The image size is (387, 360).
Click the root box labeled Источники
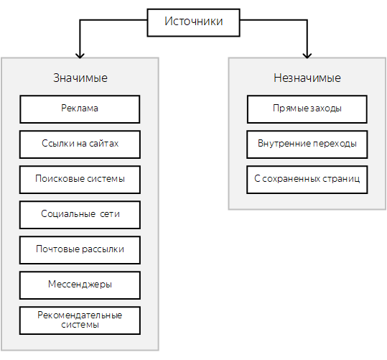pos(193,23)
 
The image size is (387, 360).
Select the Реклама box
pos(80,109)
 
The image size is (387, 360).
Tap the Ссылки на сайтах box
pos(80,144)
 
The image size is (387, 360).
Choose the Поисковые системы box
pos(80,180)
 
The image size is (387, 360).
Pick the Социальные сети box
pos(80,215)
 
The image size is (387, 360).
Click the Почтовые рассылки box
pos(80,250)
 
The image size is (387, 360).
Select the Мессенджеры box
pos(80,285)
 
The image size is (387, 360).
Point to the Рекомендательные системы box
pos(80,320)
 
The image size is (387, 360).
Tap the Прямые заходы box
pos(307,109)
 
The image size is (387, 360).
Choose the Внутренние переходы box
pos(307,144)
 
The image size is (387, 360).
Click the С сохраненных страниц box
pos(307,180)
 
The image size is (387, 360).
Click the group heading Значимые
pos(80,78)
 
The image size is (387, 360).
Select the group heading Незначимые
pos(307,78)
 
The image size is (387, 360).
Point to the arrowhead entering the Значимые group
pos(80,56)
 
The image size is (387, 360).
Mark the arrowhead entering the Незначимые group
pos(307,56)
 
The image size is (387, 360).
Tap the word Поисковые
pos(54,179)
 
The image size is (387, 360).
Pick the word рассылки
pos(102,249)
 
